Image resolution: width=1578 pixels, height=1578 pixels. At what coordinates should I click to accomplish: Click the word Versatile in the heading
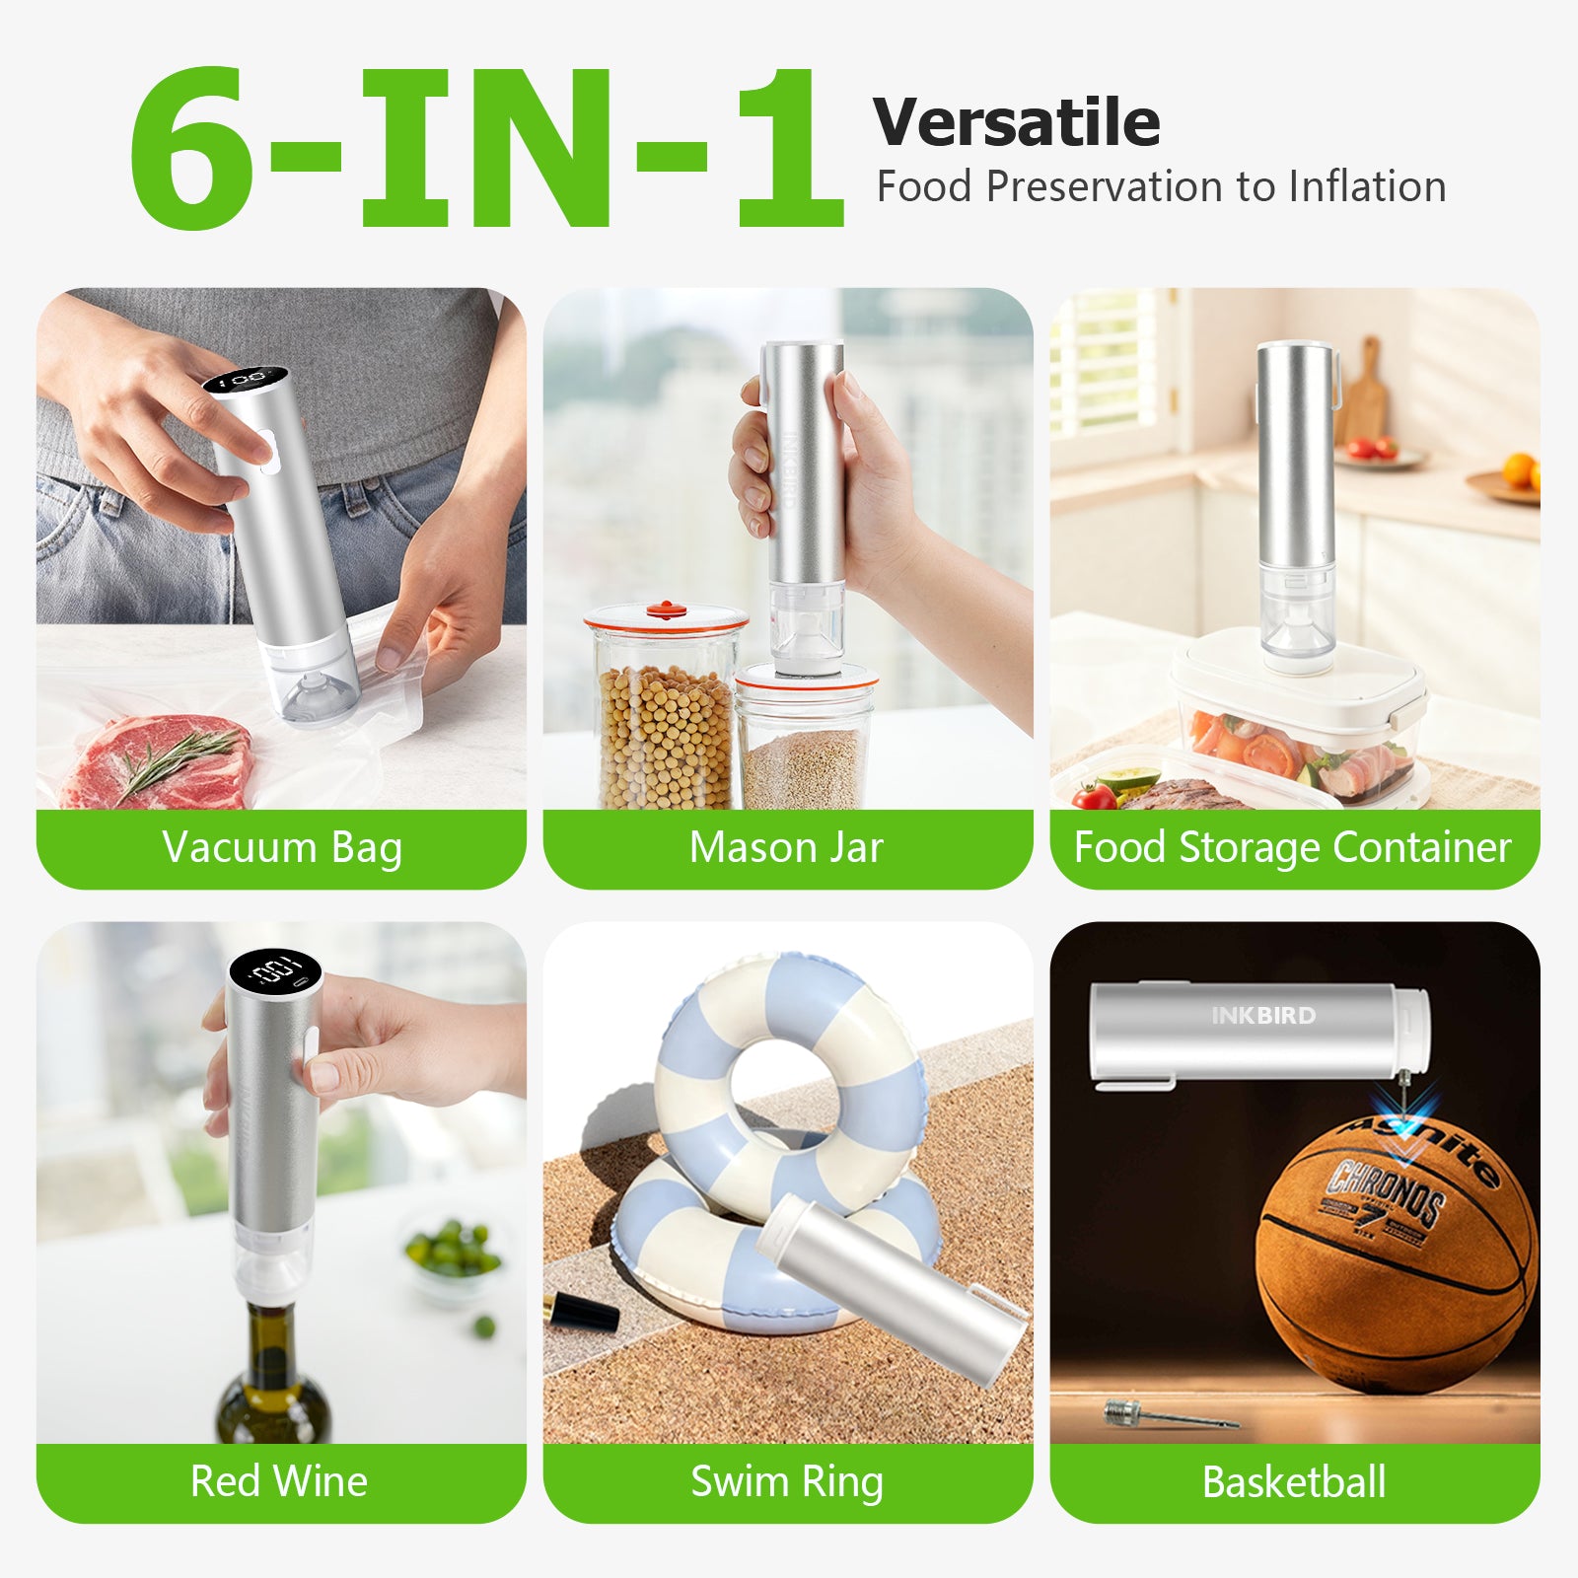point(1016,122)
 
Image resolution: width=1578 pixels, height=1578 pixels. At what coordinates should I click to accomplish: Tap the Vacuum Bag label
point(282,848)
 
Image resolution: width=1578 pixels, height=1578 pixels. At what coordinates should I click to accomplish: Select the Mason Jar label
point(786,848)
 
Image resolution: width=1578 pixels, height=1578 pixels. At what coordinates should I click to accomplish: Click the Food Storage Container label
point(1292,848)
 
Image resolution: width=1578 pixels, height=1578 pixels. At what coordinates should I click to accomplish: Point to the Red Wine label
point(279,1481)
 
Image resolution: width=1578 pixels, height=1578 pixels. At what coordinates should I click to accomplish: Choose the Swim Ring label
point(786,1481)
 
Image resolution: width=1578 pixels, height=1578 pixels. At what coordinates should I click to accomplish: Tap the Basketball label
point(1294,1482)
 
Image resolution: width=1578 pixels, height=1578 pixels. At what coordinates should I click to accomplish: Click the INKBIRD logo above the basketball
point(1263,1016)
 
